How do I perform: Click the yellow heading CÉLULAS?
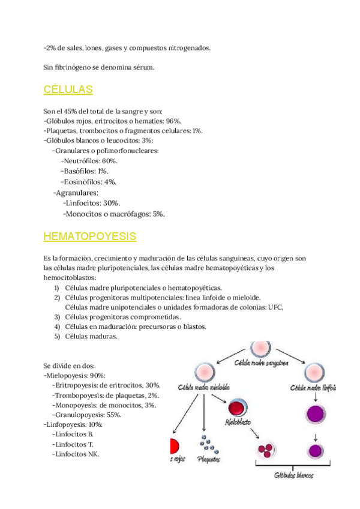(x=68, y=90)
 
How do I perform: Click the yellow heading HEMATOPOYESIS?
(x=90, y=236)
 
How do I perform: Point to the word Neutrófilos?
(x=82, y=161)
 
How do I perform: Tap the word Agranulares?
(x=77, y=193)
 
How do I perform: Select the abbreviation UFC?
(x=276, y=307)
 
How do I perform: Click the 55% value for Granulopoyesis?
(x=114, y=414)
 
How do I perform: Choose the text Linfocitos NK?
(x=76, y=454)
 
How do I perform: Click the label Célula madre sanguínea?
(x=260, y=363)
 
